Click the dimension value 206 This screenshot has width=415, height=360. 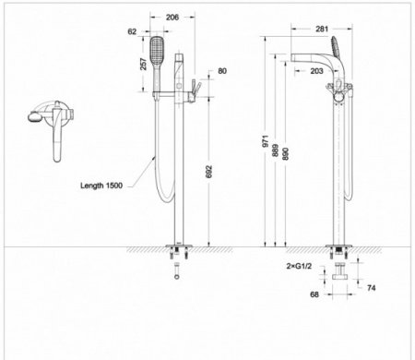point(171,18)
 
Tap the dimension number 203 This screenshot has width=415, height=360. point(315,70)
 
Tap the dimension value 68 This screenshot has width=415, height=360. point(313,295)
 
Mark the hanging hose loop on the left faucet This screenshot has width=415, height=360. point(161,185)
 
